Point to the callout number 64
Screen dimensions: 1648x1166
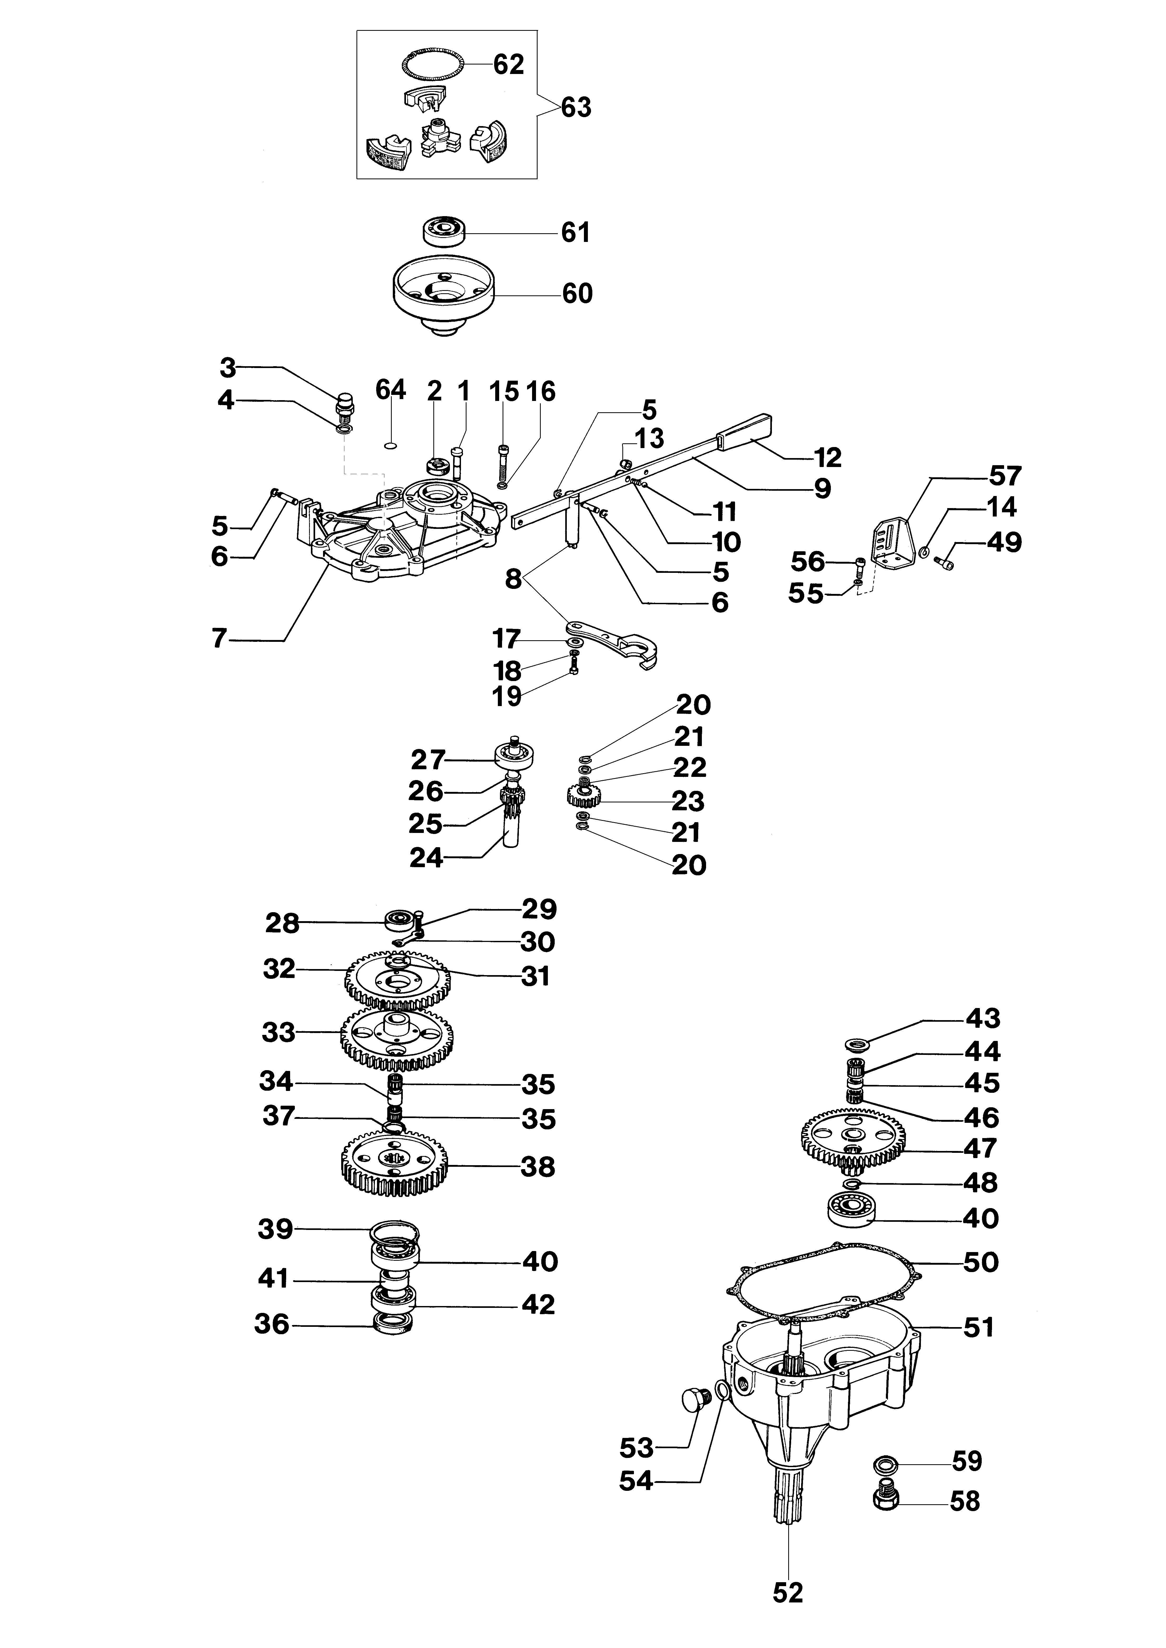tap(391, 390)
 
